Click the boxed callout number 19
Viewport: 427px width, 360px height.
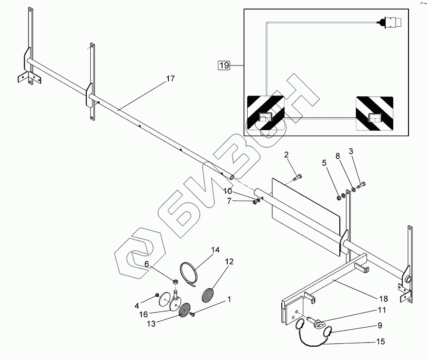pyautogui.click(x=223, y=66)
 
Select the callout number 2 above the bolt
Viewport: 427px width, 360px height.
pyautogui.click(x=287, y=155)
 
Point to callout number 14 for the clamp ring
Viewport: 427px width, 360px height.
pyautogui.click(x=216, y=250)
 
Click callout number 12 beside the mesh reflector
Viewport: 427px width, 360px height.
pyautogui.click(x=229, y=262)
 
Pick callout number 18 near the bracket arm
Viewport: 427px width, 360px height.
pyautogui.click(x=383, y=299)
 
